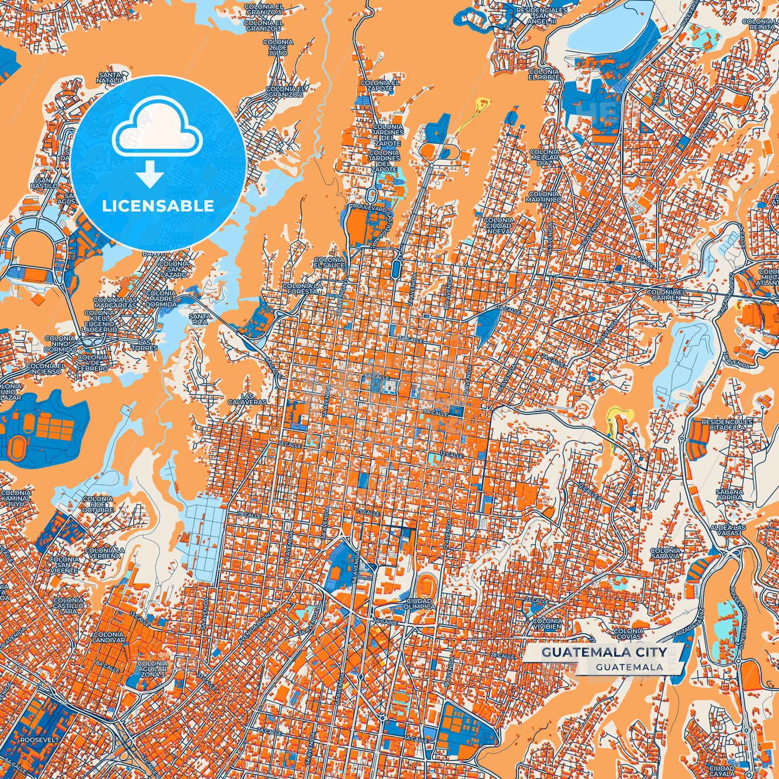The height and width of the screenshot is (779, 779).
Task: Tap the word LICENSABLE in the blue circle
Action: pyautogui.click(x=158, y=205)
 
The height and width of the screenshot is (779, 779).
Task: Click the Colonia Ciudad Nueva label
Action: pyautogui.click(x=499, y=226)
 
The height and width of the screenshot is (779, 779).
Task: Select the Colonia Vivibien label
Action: pyautogui.click(x=547, y=624)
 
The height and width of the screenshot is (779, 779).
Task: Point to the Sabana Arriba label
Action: pyautogui.click(x=729, y=495)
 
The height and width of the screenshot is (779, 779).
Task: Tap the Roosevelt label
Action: pyautogui.click(x=39, y=741)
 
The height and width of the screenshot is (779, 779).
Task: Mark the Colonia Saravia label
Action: pyautogui.click(x=665, y=553)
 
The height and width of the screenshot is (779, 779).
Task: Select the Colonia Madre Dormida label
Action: pyautogui.click(x=161, y=299)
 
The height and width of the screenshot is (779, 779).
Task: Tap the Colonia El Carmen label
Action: pyautogui.click(x=667, y=294)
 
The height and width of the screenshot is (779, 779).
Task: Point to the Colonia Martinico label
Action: pyautogui.click(x=544, y=197)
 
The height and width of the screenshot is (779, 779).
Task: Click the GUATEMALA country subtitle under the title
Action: pyautogui.click(x=629, y=667)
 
